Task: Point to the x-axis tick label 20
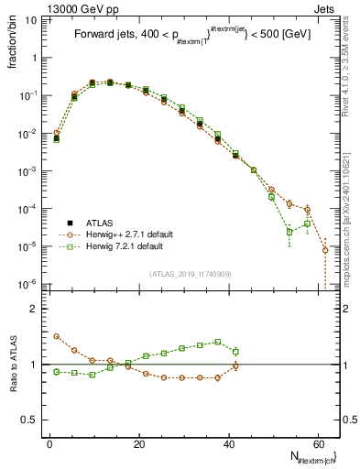pyautogui.click(x=138, y=442)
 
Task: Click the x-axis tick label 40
pyautogui.click(x=227, y=442)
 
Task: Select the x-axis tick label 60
pyautogui.click(x=316, y=442)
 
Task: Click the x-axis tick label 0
pyautogui.click(x=49, y=442)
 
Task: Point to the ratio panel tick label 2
pyautogui.click(x=38, y=309)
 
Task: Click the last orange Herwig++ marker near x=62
pyautogui.click(x=325, y=250)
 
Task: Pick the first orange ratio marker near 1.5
pyautogui.click(x=57, y=336)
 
